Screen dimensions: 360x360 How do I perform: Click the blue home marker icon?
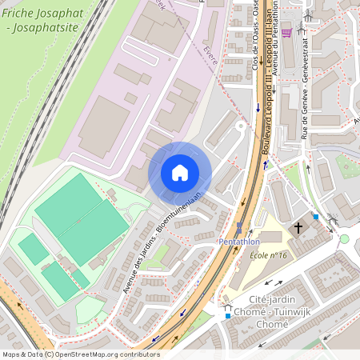point(179,173)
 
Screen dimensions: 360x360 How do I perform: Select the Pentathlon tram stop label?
point(239,241)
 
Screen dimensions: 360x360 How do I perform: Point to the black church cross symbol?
point(298,228)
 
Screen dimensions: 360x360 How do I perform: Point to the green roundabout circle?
point(345,238)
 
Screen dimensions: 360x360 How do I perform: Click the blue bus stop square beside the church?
point(316,217)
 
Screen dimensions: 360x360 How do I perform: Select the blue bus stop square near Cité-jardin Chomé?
point(228,316)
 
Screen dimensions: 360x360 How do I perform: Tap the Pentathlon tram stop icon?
point(238,227)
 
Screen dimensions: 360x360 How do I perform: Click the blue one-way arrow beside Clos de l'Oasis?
point(258,107)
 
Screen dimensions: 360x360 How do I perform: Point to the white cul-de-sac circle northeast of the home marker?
point(239,126)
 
